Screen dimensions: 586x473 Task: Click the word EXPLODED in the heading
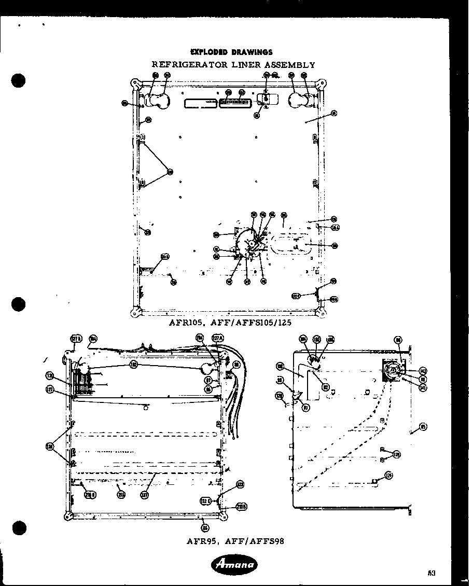(208, 52)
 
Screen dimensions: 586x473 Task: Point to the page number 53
(431, 573)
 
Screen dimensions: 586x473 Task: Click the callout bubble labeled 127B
(76, 339)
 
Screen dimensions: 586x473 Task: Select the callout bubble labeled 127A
(218, 338)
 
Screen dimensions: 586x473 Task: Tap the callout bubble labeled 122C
(205, 500)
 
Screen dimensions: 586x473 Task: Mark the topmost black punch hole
(19, 81)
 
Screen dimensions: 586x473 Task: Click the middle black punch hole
(19, 303)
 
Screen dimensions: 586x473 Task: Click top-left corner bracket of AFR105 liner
(135, 83)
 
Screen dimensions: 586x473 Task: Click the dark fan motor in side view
(392, 370)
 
